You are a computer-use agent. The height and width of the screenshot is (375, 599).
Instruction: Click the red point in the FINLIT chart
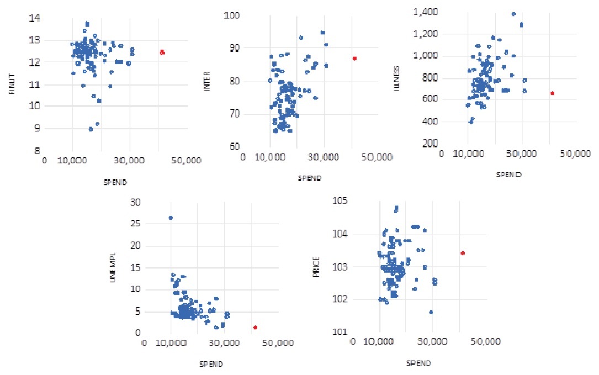(162, 52)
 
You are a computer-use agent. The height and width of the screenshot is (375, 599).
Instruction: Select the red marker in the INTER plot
(354, 58)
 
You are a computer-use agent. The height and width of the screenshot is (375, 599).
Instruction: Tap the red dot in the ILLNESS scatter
(552, 93)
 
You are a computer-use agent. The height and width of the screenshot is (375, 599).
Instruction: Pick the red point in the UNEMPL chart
(255, 327)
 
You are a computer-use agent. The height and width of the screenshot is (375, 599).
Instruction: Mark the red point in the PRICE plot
(463, 253)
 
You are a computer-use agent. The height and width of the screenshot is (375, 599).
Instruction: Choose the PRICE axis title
(317, 267)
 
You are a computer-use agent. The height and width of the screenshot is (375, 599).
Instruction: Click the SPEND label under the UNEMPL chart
(213, 363)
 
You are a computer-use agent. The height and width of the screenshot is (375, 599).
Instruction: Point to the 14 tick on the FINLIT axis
(34, 19)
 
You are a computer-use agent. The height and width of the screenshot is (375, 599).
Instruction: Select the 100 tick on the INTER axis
(231, 15)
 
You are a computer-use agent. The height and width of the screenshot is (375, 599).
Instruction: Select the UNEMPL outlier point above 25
(171, 218)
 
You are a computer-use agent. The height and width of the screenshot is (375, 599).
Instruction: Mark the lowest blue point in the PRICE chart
(431, 312)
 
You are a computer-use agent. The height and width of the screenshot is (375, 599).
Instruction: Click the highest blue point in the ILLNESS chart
(513, 14)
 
